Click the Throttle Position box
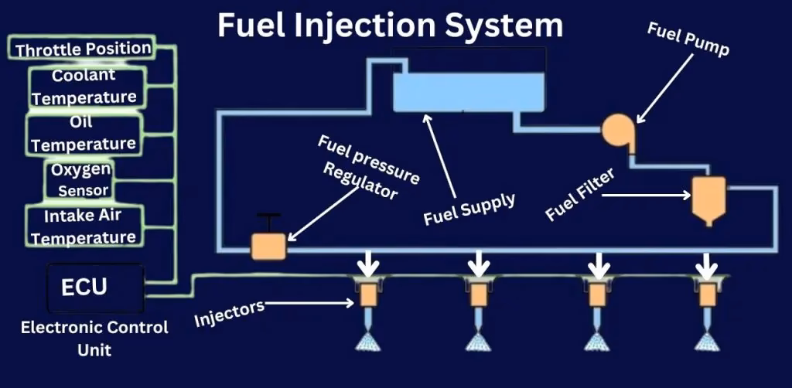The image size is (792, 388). [x=84, y=49]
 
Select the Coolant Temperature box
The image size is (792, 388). [x=84, y=87]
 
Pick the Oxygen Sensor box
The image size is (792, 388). [x=80, y=179]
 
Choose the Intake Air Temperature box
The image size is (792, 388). [x=84, y=226]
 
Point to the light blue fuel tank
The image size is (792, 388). [x=454, y=94]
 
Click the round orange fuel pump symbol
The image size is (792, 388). [x=617, y=128]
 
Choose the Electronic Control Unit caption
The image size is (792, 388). [x=94, y=338]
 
